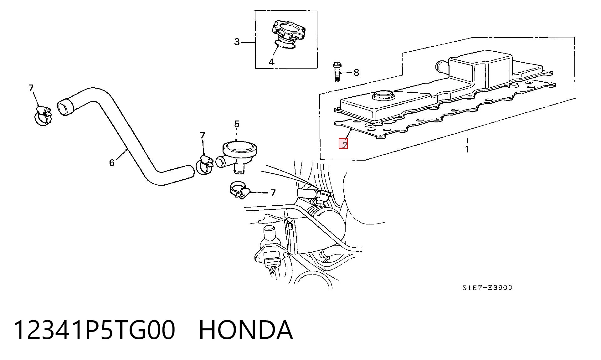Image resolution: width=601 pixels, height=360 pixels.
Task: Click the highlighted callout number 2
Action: tap(344, 144)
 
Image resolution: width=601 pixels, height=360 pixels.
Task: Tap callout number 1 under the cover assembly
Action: tap(467, 149)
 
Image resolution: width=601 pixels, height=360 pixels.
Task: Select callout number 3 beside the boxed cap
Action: tap(237, 42)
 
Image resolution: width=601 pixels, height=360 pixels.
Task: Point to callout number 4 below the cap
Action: tap(271, 62)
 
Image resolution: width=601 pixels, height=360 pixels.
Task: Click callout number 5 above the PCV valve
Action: tap(237, 124)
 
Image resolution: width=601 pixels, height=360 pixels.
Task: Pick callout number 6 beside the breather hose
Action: tap(112, 162)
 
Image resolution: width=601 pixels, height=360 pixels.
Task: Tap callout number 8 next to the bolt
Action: tap(356, 73)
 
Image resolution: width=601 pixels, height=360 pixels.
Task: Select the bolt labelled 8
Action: tap(337, 72)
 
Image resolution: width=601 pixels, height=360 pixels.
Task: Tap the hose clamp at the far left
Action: tap(44, 116)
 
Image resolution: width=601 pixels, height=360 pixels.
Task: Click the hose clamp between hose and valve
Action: tap(204, 165)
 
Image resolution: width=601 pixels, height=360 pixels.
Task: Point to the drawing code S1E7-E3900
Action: tap(487, 288)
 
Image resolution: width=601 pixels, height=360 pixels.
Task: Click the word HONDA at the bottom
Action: tap(246, 330)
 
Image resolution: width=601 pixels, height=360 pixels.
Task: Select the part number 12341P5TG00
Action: tap(94, 330)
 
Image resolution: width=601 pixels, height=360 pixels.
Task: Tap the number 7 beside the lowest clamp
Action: tap(273, 193)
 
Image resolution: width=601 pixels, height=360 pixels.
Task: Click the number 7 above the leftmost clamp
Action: tap(31, 88)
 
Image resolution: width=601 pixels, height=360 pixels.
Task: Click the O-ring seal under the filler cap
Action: tap(285, 45)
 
